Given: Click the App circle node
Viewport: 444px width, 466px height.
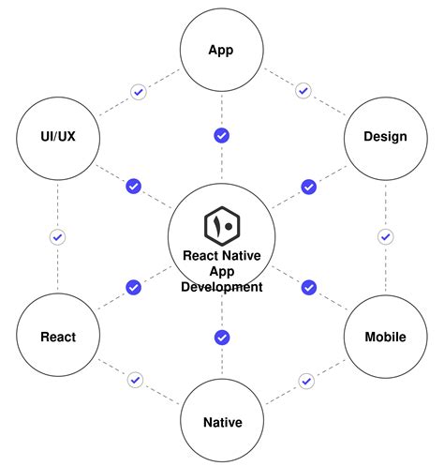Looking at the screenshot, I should point(222,49).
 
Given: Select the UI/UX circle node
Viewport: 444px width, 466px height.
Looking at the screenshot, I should point(57,137).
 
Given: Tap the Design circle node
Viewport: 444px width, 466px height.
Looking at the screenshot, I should point(385,137).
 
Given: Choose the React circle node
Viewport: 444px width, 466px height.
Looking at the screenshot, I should point(57,336).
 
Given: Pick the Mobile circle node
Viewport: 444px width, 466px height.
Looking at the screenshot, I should point(385,336).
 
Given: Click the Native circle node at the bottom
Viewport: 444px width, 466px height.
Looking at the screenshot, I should point(222,422).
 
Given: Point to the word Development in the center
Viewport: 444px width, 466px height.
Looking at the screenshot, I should point(222,287).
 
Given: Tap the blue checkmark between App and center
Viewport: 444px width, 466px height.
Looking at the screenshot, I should point(222,136).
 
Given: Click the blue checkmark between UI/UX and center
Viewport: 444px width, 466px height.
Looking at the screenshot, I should point(134,186).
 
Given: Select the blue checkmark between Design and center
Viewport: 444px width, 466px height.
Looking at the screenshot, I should point(308,187).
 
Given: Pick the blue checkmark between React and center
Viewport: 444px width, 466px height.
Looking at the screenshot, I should point(134,287).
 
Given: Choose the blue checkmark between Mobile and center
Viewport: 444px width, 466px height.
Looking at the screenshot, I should point(308,287).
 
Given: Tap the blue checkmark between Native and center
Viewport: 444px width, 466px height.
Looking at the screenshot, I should point(222,338).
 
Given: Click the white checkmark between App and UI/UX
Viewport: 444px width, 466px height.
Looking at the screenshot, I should point(139,92).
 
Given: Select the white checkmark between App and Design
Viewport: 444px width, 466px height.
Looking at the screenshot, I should point(303,91).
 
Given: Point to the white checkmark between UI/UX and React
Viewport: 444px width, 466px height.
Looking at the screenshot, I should point(57,237).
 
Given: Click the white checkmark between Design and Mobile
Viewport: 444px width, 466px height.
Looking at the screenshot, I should point(385,237).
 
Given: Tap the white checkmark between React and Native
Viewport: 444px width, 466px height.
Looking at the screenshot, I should point(136,380).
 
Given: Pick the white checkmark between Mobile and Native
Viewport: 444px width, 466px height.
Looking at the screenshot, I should point(305,381).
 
